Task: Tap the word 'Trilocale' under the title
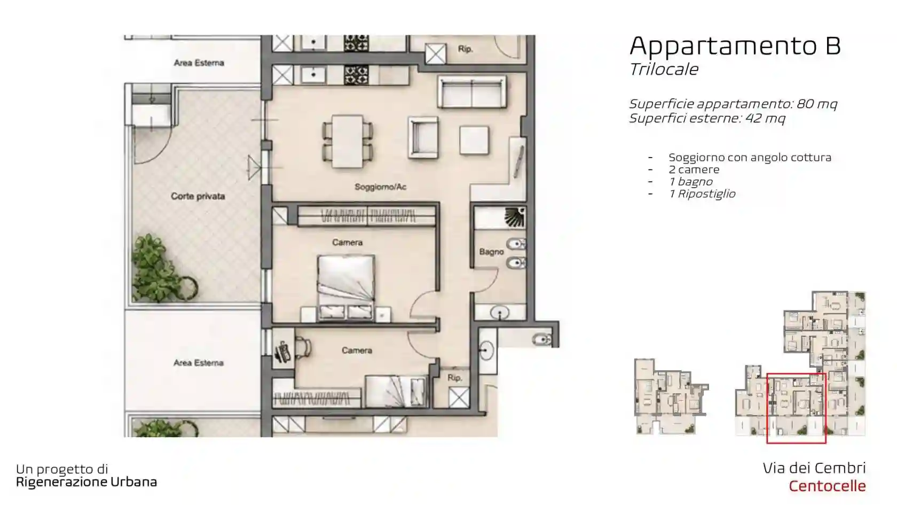tap(664, 69)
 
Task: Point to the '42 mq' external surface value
tap(765, 119)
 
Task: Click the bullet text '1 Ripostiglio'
tap(702, 195)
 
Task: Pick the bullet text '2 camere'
tap(694, 169)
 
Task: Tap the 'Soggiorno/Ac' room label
tap(380, 187)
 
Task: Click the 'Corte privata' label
tap(198, 197)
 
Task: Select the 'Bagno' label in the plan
tap(491, 252)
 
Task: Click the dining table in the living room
tap(348, 142)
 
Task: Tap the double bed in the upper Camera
tap(346, 288)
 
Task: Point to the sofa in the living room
tap(472, 92)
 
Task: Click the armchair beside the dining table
tap(423, 137)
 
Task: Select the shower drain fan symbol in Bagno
tap(515, 217)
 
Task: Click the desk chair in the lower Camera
tap(303, 347)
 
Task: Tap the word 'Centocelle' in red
tap(828, 486)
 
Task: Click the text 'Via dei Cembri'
tap(814, 468)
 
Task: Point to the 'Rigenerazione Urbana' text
tap(86, 482)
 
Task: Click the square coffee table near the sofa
tap(474, 140)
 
